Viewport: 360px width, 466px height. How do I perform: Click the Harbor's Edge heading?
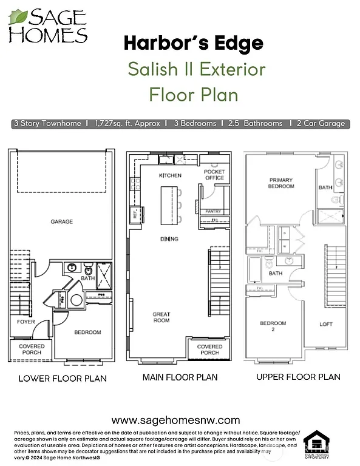tap(194, 44)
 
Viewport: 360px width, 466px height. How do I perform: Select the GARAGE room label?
tap(62, 222)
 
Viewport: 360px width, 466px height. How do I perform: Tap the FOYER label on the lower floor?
tap(25, 322)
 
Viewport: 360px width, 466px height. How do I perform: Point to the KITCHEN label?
tap(170, 175)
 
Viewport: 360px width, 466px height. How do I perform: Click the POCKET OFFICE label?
tap(214, 175)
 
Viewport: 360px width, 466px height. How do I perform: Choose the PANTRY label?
tap(213, 211)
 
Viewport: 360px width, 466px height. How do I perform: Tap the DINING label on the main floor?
tap(169, 239)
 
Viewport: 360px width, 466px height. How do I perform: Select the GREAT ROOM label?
tap(161, 317)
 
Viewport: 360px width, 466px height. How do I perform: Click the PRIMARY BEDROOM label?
tap(281, 183)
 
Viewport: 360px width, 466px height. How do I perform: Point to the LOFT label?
tap(326, 324)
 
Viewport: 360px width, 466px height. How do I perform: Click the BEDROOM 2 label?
tap(273, 326)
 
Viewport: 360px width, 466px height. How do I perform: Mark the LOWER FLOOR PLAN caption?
tap(63, 379)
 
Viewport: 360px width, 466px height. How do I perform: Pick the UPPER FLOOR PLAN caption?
tap(298, 377)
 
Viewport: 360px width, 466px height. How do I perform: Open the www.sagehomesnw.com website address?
tap(176, 420)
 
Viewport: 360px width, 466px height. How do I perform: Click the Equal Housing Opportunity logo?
tap(316, 447)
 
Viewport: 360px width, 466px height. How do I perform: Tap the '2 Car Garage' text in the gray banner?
tap(321, 123)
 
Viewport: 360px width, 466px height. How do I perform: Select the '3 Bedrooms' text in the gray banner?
tap(194, 123)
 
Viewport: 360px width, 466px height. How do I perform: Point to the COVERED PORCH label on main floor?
tap(210, 349)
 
